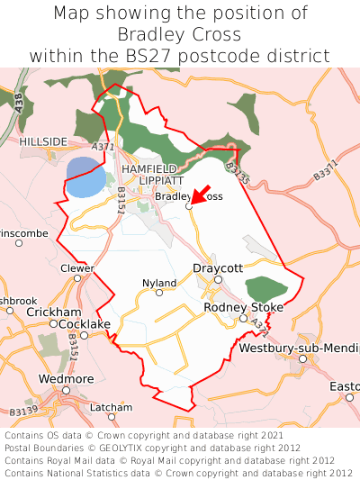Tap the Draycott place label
click(x=218, y=268)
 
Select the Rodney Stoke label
click(x=243, y=307)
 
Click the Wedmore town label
click(x=66, y=378)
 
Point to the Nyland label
click(x=159, y=283)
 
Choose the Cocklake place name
click(x=85, y=323)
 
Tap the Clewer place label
click(x=76, y=268)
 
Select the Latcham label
click(x=111, y=407)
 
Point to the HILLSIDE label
click(x=43, y=142)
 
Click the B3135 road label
click(x=238, y=174)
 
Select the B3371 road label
click(x=329, y=168)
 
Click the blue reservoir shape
click(x=85, y=178)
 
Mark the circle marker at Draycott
click(x=217, y=280)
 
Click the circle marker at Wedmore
click(x=66, y=390)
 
